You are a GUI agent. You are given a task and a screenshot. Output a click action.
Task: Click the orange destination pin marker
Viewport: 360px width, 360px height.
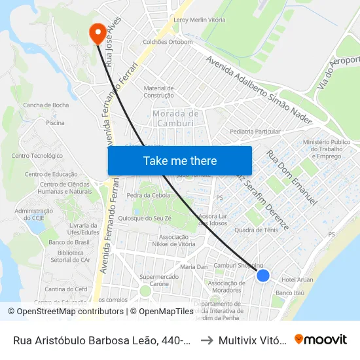click(97, 33)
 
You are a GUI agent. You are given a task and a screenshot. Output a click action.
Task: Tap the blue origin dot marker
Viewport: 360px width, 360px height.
click(263, 276)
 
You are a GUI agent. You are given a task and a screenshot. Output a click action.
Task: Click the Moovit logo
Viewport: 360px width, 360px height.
click(321, 339)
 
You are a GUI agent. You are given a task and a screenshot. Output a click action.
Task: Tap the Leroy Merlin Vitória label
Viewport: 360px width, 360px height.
click(199, 20)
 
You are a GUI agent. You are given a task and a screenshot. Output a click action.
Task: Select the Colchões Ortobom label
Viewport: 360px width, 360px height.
click(169, 42)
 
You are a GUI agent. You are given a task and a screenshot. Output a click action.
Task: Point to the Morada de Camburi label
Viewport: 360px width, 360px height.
click(175, 118)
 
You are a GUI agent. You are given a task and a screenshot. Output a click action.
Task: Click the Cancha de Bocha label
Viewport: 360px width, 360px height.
click(46, 105)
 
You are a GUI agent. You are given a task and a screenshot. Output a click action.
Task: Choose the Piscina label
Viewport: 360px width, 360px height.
click(55, 122)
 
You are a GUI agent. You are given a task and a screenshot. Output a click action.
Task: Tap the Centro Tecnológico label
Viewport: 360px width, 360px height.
click(37, 156)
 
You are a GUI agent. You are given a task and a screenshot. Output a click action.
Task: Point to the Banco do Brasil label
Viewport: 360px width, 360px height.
click(69, 242)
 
